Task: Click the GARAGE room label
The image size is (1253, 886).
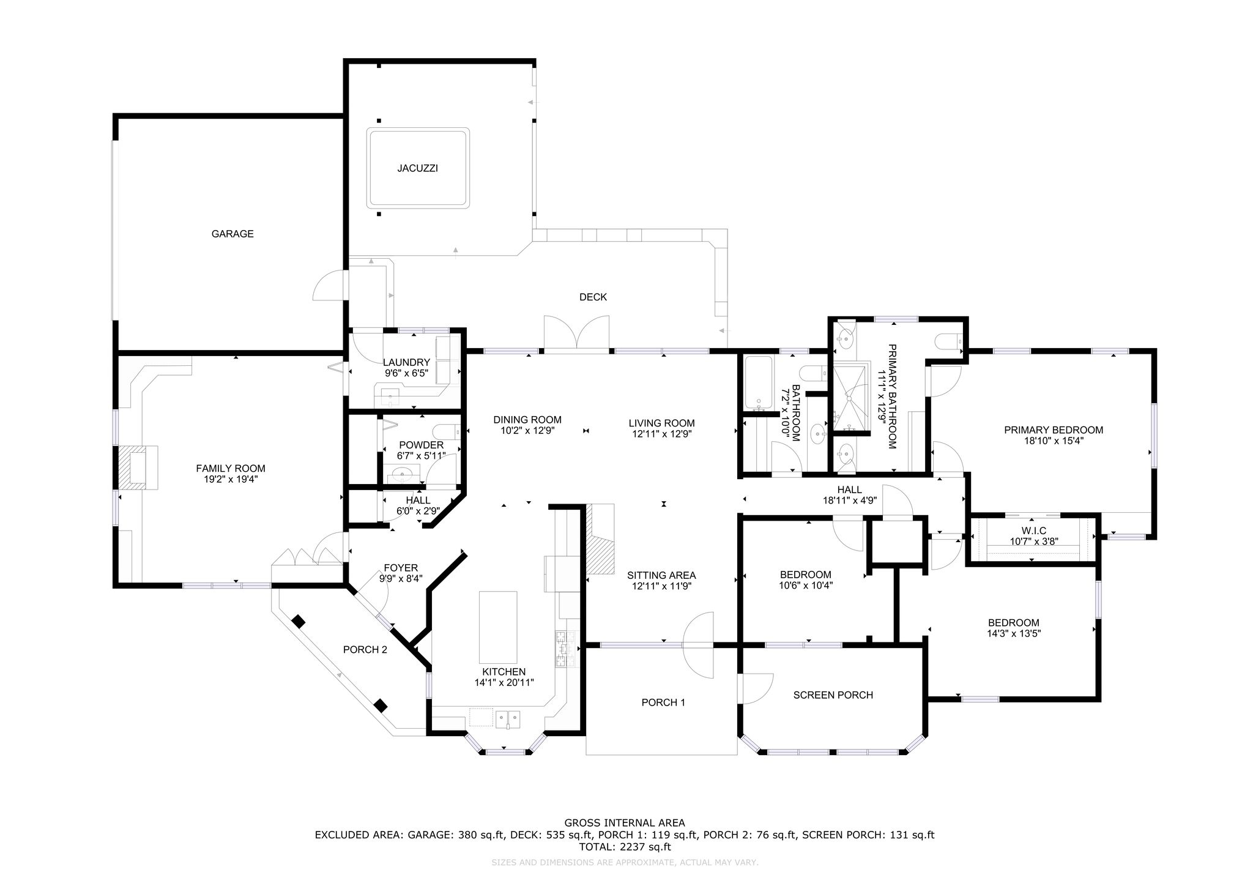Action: [x=232, y=234]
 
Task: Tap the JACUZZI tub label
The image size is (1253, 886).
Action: [x=417, y=168]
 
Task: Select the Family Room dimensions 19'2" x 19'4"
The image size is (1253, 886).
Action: [x=231, y=480]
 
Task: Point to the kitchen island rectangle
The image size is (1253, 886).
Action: [x=498, y=624]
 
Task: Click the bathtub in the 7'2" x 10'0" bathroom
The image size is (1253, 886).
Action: [x=759, y=383]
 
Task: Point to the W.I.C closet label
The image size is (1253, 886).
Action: [x=1033, y=530]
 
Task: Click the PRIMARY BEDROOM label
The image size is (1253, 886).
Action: [x=1054, y=430]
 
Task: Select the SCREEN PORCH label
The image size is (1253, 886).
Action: [x=833, y=695]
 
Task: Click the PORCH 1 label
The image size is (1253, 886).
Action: [x=663, y=702]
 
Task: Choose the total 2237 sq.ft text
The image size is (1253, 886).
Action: [x=625, y=847]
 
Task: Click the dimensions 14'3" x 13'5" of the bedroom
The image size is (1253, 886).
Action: [x=1013, y=634]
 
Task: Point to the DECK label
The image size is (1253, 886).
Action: [x=593, y=297]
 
